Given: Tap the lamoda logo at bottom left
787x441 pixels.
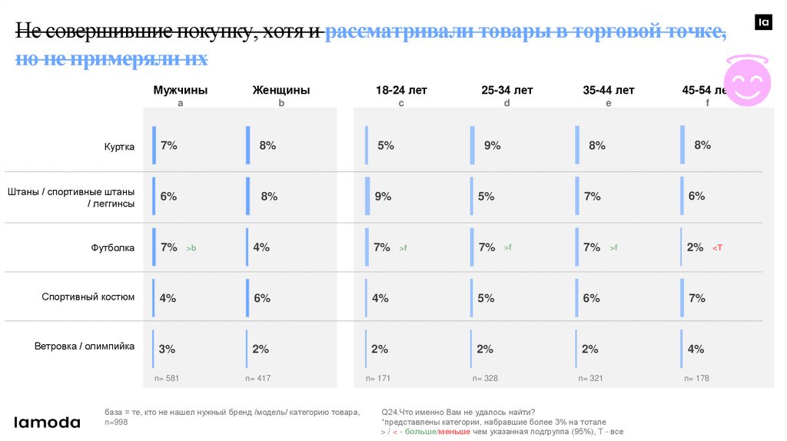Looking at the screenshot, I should (48, 422).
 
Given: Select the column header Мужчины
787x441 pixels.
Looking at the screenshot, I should (181, 90).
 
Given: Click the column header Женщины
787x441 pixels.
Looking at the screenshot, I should (281, 90).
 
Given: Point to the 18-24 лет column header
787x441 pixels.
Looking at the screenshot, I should (401, 90).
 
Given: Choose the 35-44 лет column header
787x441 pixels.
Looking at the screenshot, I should (609, 90).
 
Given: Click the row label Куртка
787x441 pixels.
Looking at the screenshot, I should (119, 146).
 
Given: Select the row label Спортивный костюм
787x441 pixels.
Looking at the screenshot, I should (88, 297).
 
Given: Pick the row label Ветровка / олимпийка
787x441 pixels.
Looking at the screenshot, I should (85, 346).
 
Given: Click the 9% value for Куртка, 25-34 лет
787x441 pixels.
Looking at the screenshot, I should (493, 145).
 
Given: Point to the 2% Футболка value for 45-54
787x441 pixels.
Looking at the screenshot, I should (695, 247).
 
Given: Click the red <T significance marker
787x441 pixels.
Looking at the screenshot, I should (717, 247).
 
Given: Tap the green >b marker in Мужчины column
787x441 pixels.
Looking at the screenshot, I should (191, 248).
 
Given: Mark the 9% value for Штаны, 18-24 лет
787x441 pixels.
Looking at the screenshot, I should (383, 196).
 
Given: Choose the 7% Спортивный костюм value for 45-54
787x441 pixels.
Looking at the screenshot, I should (696, 297).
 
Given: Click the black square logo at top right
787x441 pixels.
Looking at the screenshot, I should (764, 23).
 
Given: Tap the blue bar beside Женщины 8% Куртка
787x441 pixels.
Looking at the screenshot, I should (248, 145).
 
